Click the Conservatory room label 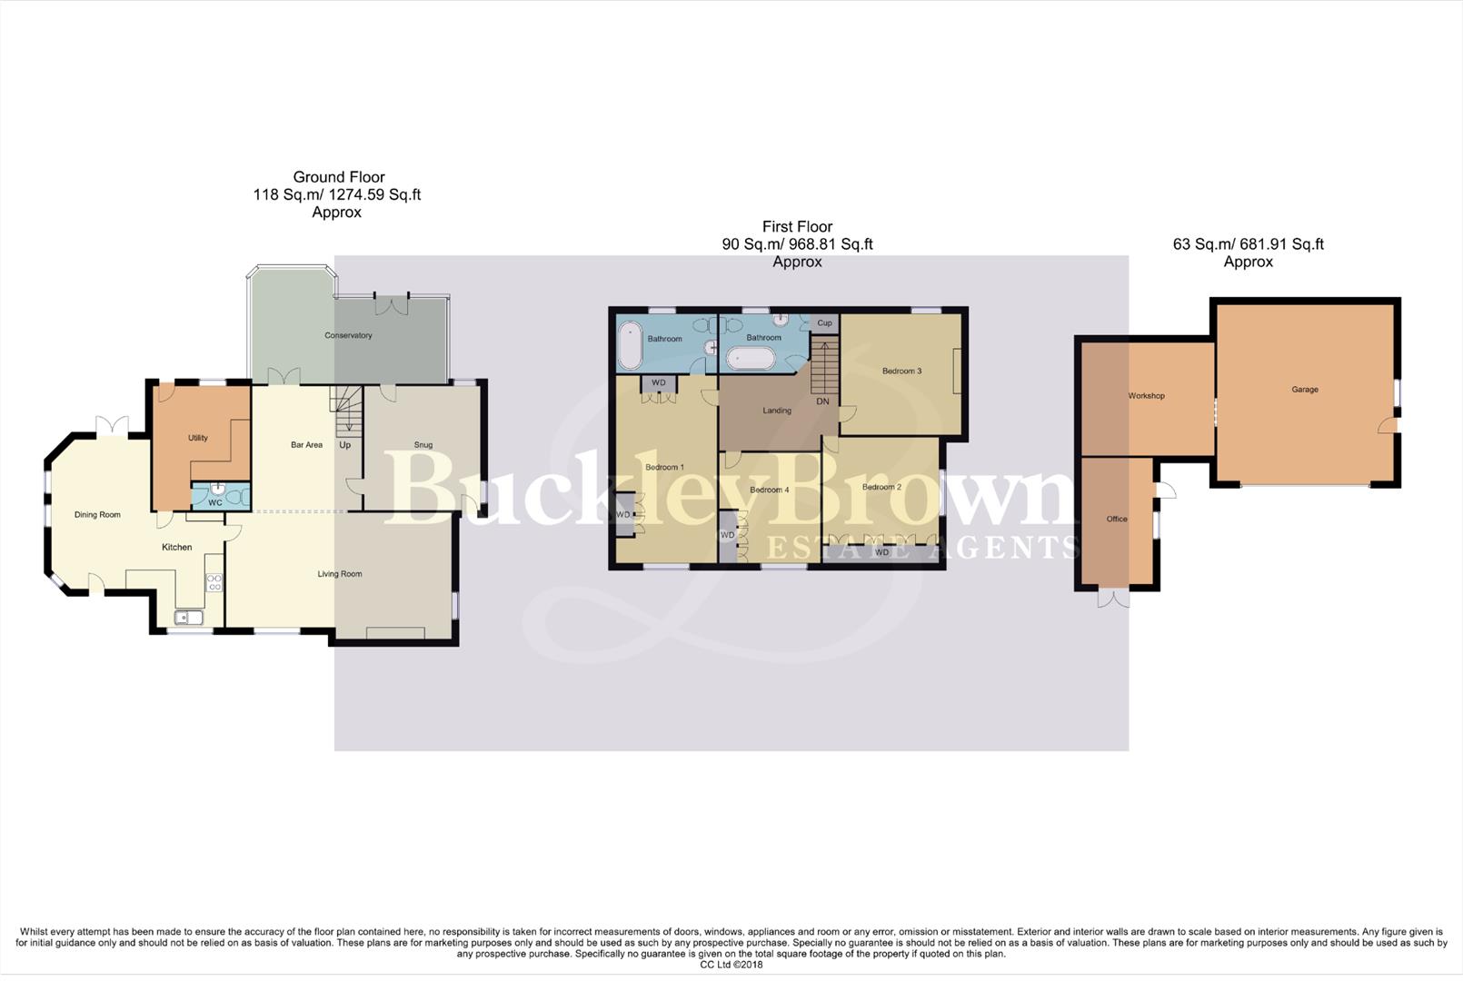(348, 335)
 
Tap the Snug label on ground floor (423, 445)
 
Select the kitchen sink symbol (189, 618)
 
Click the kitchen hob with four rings (214, 582)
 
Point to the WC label (214, 502)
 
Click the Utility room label (197, 438)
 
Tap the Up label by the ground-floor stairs (344, 445)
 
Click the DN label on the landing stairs (822, 401)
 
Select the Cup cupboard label (824, 323)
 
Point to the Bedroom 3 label (901, 371)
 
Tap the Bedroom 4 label (769, 490)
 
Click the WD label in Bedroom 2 (881, 552)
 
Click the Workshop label (1146, 396)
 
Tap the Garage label (1304, 390)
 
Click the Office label (1116, 520)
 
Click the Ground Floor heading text (338, 177)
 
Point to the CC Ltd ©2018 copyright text (731, 965)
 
